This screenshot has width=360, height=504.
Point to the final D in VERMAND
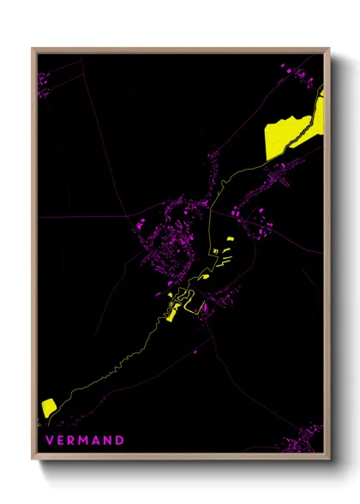tap(121, 441)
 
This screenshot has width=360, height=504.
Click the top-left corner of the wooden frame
tap(33, 49)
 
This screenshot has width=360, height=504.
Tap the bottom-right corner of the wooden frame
tap(329, 459)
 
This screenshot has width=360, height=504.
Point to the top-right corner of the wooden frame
tap(329, 49)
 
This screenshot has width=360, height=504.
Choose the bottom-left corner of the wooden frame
tap(33, 459)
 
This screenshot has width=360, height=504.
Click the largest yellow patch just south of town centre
tap(172, 314)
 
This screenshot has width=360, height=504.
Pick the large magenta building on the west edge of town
tap(136, 225)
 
